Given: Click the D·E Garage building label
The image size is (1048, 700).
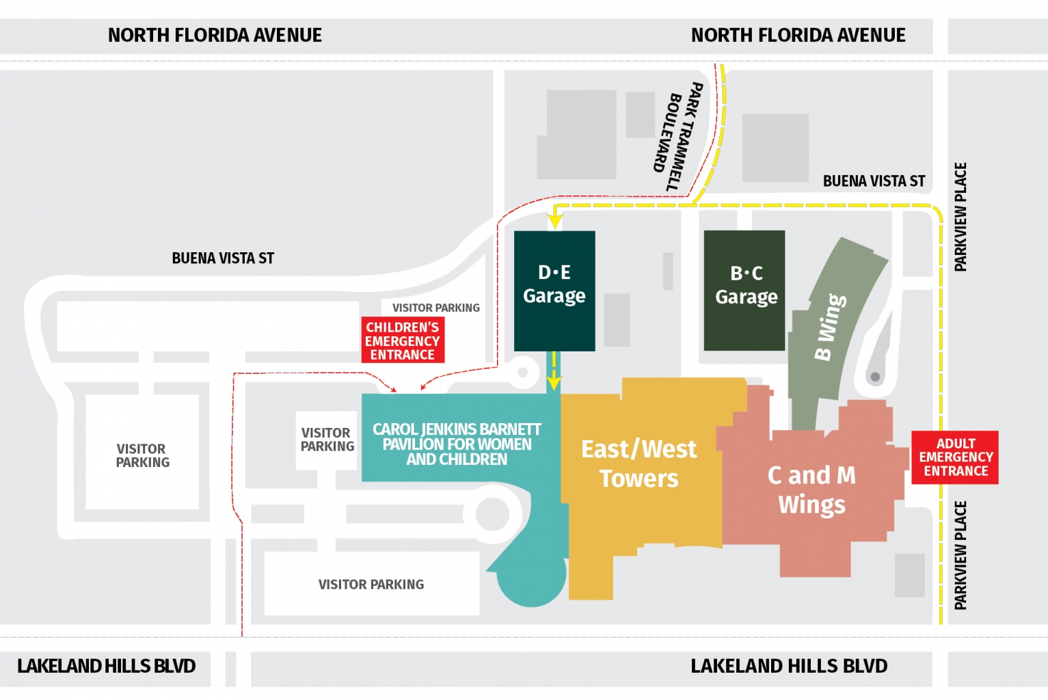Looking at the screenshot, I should click(554, 284).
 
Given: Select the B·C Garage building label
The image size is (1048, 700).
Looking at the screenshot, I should click(746, 285).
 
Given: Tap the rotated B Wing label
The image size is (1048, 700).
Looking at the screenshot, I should click(830, 327).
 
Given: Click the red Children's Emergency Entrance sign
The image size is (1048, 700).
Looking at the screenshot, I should click(403, 340).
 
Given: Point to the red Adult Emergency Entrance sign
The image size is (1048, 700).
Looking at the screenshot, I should click(955, 457).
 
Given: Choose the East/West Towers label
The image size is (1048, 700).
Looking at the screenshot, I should click(639, 463).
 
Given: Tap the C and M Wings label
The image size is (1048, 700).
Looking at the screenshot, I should click(811, 489).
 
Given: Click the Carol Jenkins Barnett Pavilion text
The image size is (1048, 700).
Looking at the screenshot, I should click(457, 444).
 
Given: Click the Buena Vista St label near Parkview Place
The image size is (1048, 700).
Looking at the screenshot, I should click(874, 181).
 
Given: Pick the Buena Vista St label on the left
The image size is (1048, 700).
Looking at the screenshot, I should click(223, 258).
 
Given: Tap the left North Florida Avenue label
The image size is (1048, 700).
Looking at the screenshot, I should click(215, 36).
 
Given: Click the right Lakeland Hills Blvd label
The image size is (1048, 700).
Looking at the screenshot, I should click(789, 666).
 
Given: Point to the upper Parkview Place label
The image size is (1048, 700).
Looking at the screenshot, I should click(960, 217).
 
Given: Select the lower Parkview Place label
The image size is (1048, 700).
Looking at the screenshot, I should click(960, 555).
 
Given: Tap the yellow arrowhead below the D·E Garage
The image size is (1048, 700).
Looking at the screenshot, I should click(554, 384).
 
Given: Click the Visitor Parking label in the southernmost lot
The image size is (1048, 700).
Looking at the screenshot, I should click(371, 584).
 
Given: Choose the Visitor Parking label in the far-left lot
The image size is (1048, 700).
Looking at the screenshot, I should click(142, 456).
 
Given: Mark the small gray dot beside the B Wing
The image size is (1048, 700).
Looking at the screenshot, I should click(875, 377).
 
